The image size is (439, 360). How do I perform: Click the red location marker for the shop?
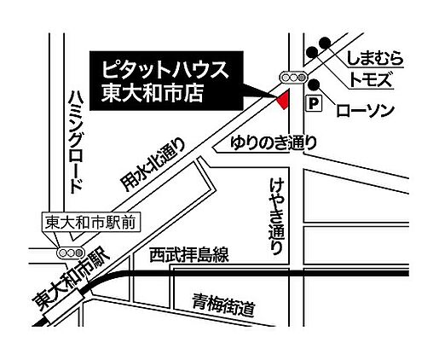(x=281, y=101)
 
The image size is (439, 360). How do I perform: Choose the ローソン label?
(x=365, y=108)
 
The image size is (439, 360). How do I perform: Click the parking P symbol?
(x=313, y=104)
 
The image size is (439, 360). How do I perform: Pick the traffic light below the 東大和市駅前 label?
(x=66, y=253)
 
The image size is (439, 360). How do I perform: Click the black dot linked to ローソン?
(x=315, y=84)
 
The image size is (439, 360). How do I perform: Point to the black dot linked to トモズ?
(x=313, y=55)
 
